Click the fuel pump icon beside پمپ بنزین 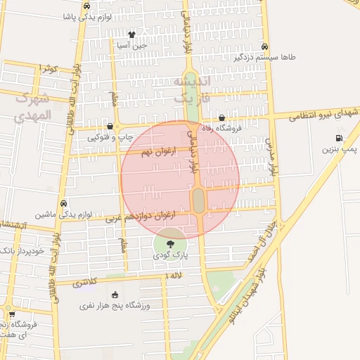340,138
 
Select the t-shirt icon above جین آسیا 131,34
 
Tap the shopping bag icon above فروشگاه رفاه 222,118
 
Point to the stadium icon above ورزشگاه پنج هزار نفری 115,294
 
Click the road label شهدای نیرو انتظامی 323,114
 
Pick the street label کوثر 48,68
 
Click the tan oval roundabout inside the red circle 198,200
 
